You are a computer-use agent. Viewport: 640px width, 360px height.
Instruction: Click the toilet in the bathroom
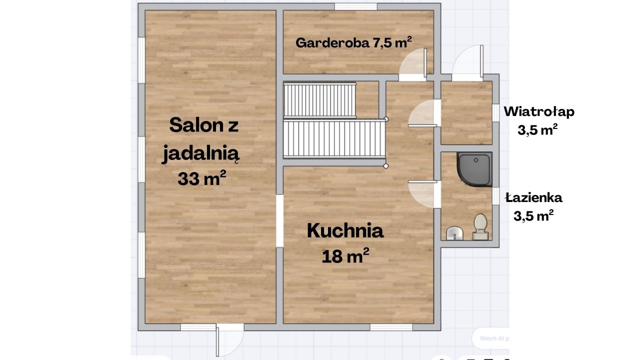point(480,227)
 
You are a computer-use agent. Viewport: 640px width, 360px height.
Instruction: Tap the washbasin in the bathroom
point(454,233)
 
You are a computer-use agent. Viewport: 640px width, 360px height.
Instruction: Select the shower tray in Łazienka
point(474,169)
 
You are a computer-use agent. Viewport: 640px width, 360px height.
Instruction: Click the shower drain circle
point(476,160)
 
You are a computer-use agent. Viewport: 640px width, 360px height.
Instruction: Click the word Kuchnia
point(345,231)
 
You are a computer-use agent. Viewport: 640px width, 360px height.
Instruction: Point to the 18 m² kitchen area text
point(345,255)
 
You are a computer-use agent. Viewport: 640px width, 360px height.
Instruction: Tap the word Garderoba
point(333,43)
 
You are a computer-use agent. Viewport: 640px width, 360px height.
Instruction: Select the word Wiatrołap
point(539,111)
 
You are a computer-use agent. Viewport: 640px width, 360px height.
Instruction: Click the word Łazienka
point(533,197)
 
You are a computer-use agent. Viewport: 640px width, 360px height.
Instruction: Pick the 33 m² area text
point(201,178)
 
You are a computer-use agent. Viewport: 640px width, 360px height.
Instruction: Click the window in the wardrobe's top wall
point(355,6)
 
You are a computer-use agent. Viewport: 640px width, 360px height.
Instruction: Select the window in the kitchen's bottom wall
point(391,327)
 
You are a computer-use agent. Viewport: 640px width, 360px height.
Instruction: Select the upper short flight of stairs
point(319,99)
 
